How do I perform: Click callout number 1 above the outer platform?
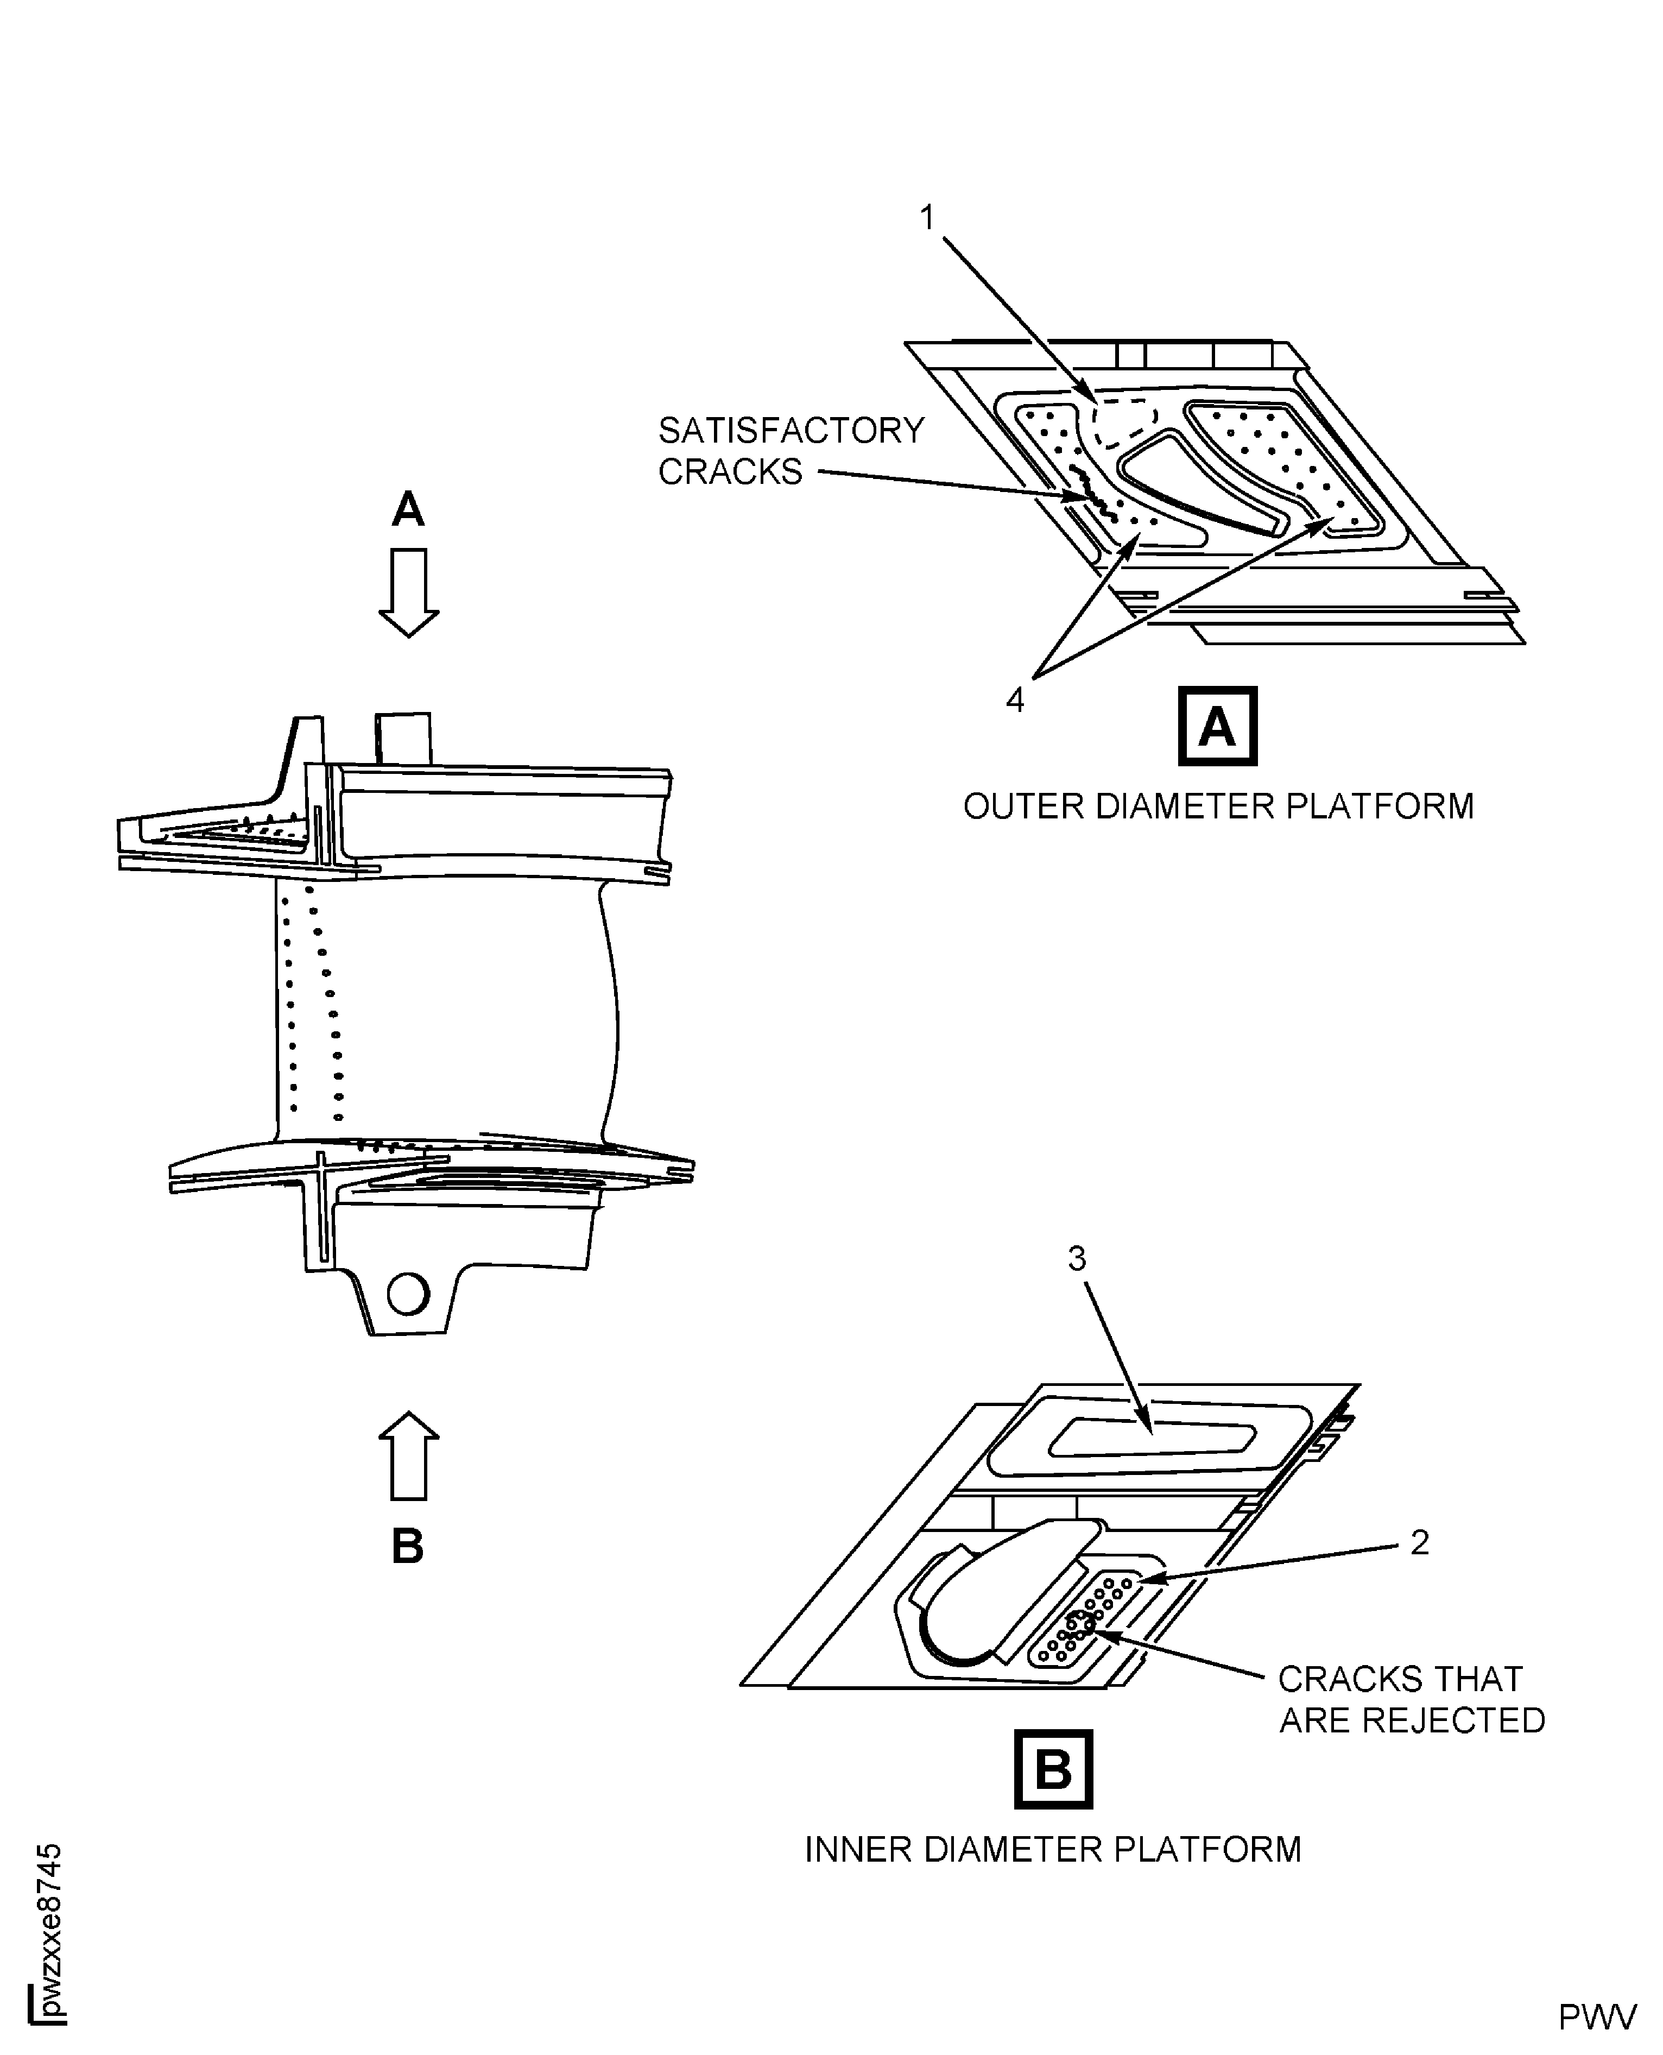click(x=926, y=218)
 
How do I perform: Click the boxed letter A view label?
click(x=1217, y=726)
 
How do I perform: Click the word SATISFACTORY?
click(x=791, y=431)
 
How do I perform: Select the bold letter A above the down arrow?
click(x=408, y=510)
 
